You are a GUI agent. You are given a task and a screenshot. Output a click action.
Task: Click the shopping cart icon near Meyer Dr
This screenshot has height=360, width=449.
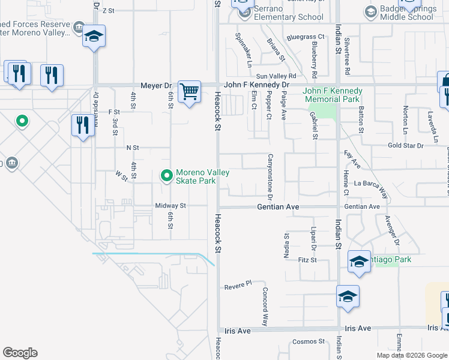coord(190,92)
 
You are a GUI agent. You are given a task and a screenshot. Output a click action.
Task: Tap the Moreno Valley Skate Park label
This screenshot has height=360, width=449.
coord(202,176)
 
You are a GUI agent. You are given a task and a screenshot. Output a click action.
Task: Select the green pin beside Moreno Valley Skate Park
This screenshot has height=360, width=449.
coord(166,176)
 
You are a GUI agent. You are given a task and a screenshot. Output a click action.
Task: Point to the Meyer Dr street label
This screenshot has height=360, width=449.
coord(156,86)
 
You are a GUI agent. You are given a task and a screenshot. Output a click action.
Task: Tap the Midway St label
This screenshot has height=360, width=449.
coord(171,206)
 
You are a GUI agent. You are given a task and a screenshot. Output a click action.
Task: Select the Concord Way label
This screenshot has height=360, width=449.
coord(265,306)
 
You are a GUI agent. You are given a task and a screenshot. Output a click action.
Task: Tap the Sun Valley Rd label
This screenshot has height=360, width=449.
coord(277,76)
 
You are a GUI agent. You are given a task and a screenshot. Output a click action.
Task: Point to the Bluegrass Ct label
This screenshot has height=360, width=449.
coord(305,37)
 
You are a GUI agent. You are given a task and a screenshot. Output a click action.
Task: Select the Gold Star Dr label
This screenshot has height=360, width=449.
coord(406,145)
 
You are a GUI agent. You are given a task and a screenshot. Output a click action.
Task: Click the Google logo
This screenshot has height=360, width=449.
coord(20,353)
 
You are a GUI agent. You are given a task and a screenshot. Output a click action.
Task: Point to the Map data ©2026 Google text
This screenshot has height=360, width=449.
coord(412,355)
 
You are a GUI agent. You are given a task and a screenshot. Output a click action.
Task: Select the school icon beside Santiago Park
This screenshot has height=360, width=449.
coord(359,262)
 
